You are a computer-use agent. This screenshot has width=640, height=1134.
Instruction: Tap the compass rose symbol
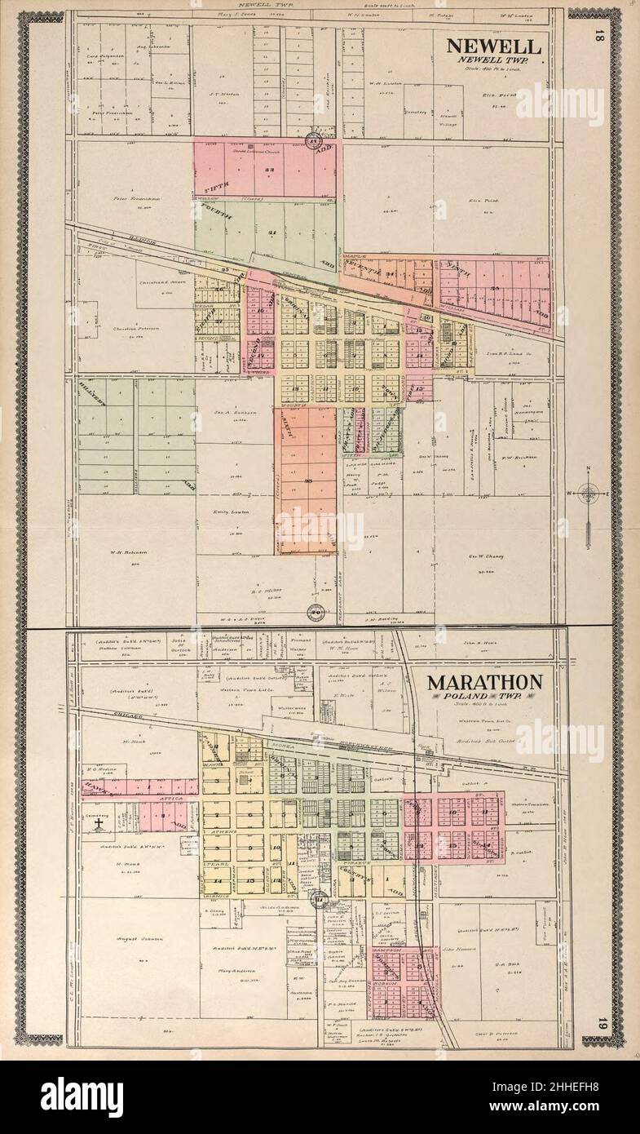pyautogui.click(x=589, y=493)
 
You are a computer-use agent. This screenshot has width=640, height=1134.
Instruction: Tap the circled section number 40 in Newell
pyautogui.click(x=313, y=613)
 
